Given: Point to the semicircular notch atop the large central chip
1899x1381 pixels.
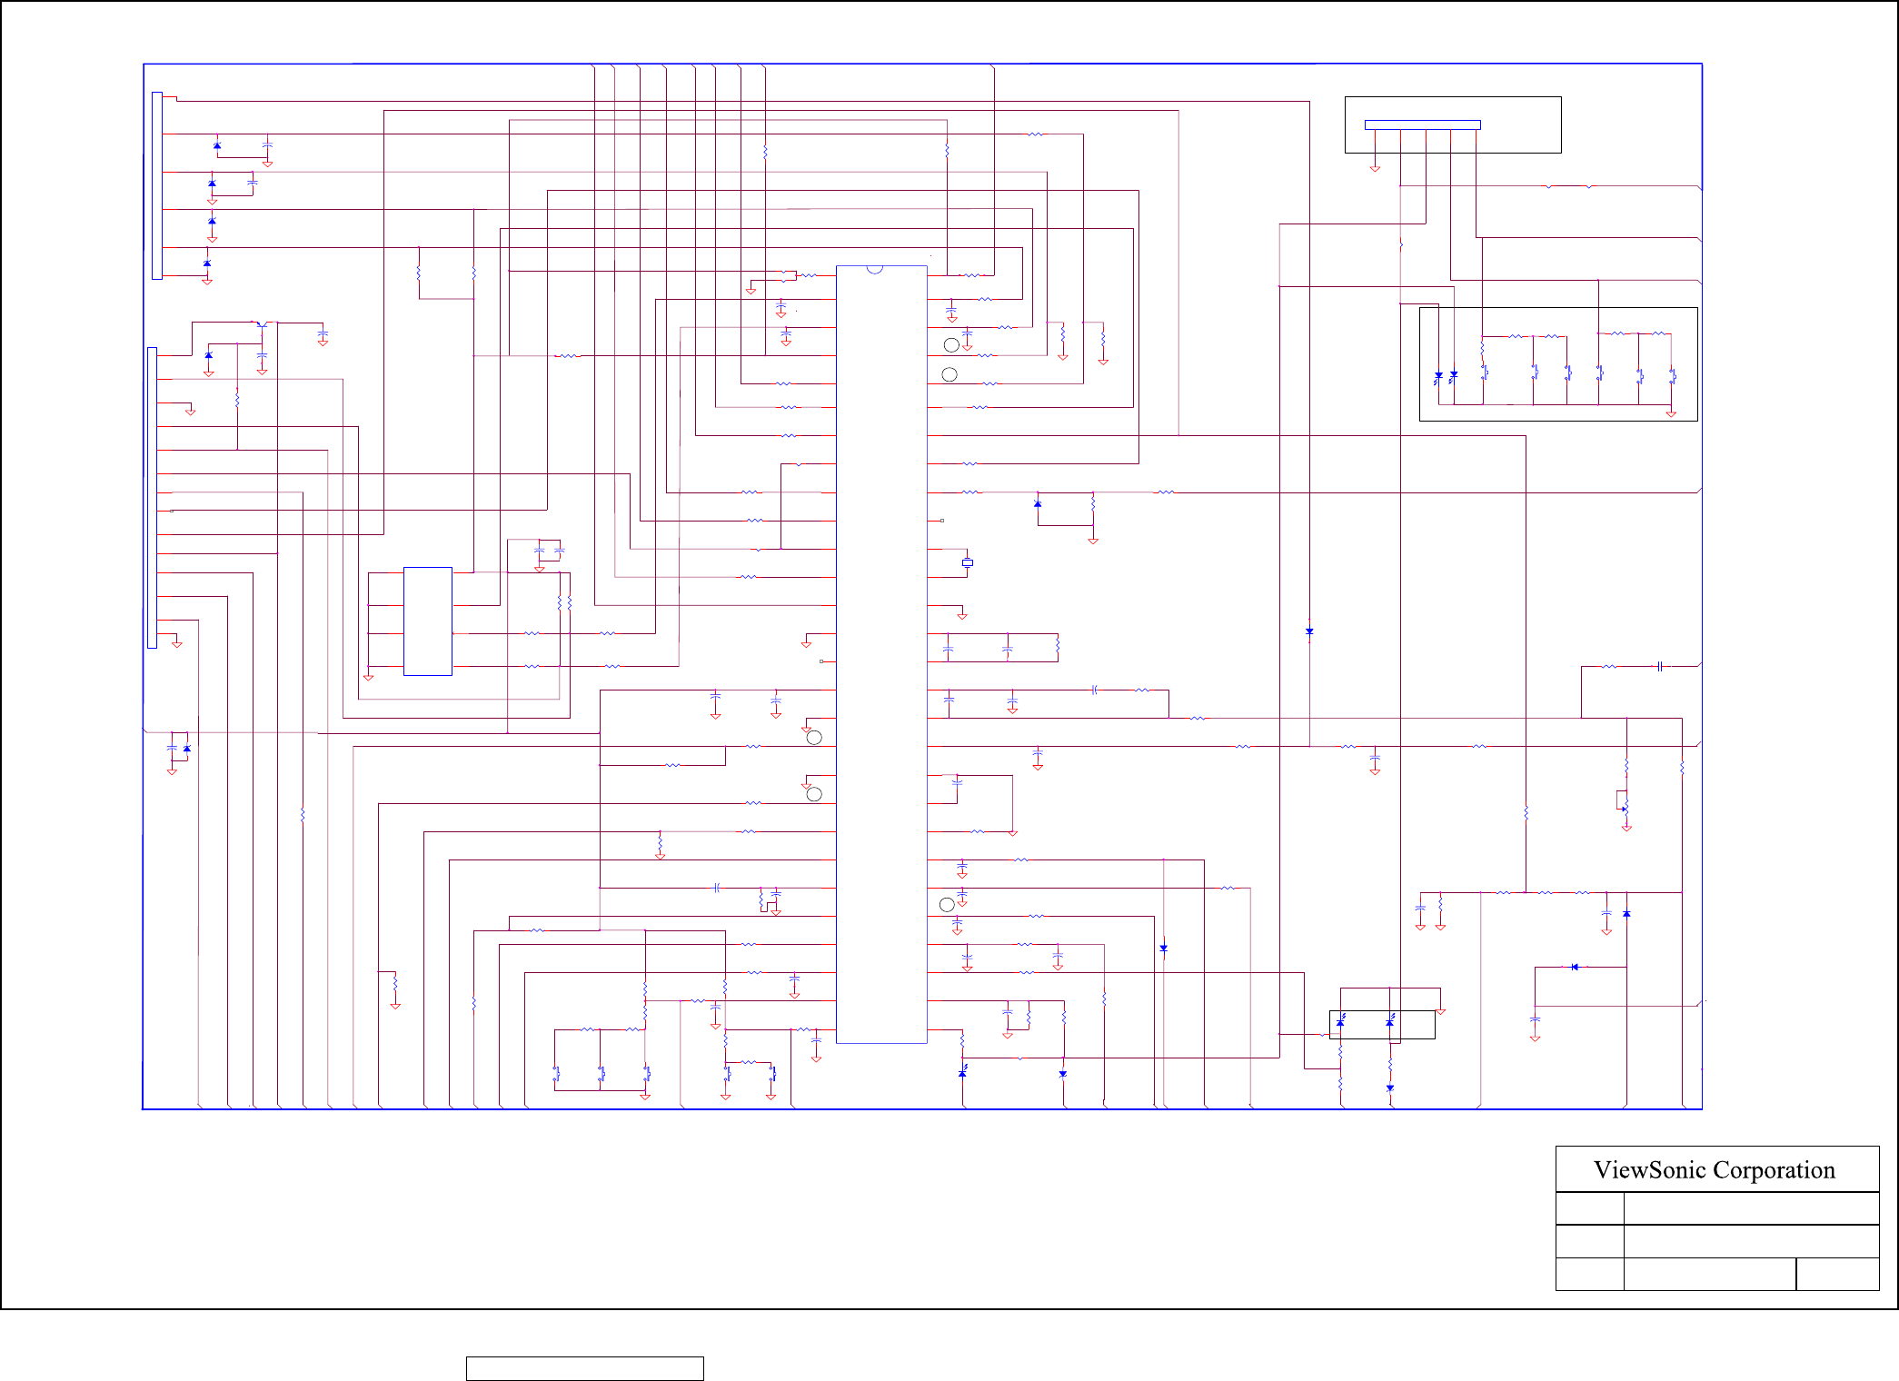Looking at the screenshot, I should (x=874, y=269).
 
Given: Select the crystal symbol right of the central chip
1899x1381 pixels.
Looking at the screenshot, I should (x=968, y=563).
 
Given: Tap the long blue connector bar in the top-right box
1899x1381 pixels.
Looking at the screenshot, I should (x=1422, y=125).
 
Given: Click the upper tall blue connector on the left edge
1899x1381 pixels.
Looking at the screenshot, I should (x=157, y=185).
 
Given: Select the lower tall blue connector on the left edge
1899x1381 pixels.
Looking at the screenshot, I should (x=152, y=497).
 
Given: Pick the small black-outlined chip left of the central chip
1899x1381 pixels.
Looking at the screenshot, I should (x=427, y=621).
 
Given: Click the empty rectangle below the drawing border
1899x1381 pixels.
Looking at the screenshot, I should (x=584, y=1368).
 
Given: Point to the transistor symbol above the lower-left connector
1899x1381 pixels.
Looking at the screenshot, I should (x=262, y=324).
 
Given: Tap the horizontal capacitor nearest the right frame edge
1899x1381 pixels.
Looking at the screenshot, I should (x=1660, y=666).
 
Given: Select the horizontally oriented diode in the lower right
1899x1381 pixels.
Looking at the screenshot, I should (x=1574, y=967).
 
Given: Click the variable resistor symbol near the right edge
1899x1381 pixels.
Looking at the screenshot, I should (x=1625, y=808).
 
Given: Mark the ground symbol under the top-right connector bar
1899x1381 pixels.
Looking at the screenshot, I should (x=1375, y=168).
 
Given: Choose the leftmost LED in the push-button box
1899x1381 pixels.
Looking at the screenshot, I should (x=1437, y=375).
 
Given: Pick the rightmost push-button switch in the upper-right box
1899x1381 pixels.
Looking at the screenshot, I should (x=1672, y=374).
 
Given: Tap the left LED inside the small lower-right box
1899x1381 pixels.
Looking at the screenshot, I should (x=1340, y=1022).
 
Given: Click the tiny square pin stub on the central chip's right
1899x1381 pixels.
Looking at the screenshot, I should (x=942, y=521).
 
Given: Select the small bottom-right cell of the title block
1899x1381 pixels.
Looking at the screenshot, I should (x=1837, y=1274).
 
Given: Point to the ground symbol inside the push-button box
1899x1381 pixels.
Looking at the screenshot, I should (x=1670, y=414).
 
